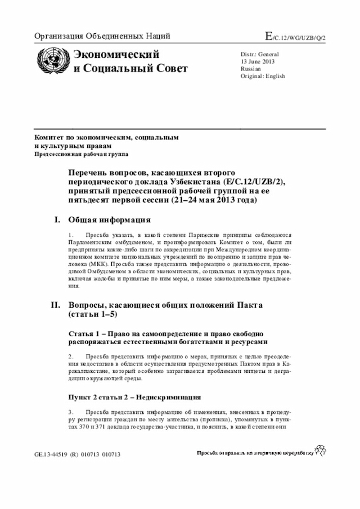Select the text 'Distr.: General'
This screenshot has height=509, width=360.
(260, 54)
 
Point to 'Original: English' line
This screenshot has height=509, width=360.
(263, 76)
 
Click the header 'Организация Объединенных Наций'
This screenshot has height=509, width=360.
(102, 37)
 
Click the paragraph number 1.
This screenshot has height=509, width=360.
(71, 234)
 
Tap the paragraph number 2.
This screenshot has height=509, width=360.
(71, 357)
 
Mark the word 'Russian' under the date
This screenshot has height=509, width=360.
(251, 69)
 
